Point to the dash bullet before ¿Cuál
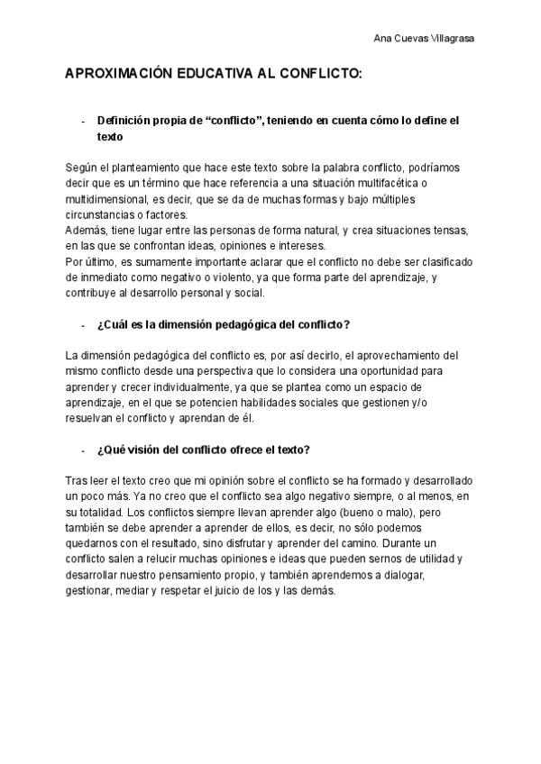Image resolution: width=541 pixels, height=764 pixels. click(x=83, y=324)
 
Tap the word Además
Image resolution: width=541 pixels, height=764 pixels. click(x=86, y=230)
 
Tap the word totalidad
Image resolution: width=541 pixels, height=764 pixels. click(x=105, y=513)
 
